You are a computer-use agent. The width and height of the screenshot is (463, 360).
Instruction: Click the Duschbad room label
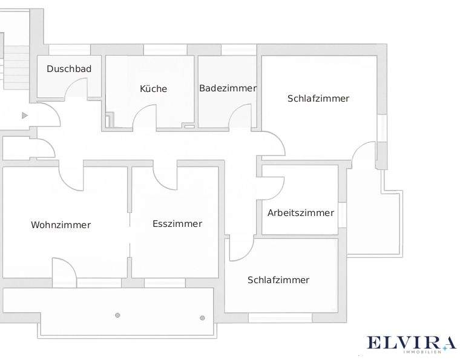(x=69, y=69)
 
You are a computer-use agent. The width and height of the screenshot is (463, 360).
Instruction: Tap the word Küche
(x=153, y=89)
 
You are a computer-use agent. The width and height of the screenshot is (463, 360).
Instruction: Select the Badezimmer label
(x=228, y=88)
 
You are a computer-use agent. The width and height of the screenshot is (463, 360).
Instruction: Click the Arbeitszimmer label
(x=301, y=213)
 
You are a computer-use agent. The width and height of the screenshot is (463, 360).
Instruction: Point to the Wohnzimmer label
(x=61, y=225)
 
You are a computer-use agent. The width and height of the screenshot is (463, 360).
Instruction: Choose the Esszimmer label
(x=177, y=224)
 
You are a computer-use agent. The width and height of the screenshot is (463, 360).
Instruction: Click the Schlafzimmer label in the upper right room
(x=318, y=98)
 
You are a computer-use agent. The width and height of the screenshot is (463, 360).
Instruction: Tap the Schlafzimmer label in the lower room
(x=278, y=280)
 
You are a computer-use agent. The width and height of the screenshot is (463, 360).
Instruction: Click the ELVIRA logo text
(x=410, y=344)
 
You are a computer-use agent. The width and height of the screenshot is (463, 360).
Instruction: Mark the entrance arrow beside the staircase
(x=25, y=115)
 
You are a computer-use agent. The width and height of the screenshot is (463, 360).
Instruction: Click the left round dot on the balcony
(x=117, y=315)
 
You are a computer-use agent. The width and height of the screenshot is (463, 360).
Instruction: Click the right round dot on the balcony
(x=202, y=318)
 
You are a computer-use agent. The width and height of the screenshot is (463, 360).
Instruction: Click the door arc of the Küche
(x=144, y=114)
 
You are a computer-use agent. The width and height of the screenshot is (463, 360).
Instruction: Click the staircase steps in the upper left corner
(x=16, y=67)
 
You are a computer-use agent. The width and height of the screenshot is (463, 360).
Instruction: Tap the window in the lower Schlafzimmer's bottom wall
(x=280, y=318)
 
